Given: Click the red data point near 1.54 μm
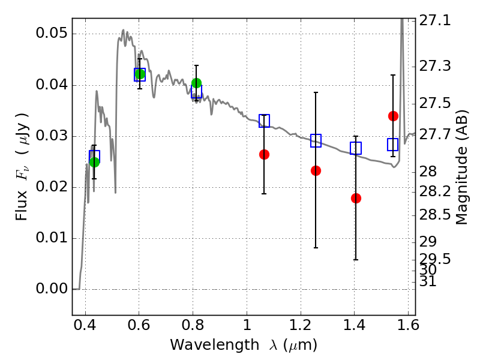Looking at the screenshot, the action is (x=393, y=116).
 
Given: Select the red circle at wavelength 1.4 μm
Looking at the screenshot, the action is (x=356, y=199).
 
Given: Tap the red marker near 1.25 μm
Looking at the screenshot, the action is (x=316, y=170).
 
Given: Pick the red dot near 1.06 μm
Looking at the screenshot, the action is (x=264, y=154).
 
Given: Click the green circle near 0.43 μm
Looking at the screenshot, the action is (x=94, y=162).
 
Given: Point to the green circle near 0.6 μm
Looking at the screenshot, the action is (x=140, y=74).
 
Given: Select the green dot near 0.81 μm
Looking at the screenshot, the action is (x=196, y=83).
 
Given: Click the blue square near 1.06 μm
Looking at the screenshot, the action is (x=264, y=121).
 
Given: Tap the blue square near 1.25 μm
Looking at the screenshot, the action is (x=316, y=140).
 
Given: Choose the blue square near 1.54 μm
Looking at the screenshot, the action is (x=393, y=145).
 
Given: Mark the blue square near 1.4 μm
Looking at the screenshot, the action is (x=356, y=148).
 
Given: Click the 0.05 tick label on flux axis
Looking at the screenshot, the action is (x=52, y=33).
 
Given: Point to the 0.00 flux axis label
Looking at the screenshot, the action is (x=52, y=289).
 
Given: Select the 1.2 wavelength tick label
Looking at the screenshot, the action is (x=301, y=325).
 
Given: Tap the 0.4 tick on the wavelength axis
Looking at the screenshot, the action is (x=85, y=325).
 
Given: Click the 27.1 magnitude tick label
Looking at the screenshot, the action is (x=434, y=21).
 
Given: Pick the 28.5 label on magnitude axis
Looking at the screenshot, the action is (x=434, y=215).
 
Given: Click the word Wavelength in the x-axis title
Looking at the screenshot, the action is (x=215, y=345).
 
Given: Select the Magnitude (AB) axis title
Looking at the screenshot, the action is (x=462, y=167).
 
